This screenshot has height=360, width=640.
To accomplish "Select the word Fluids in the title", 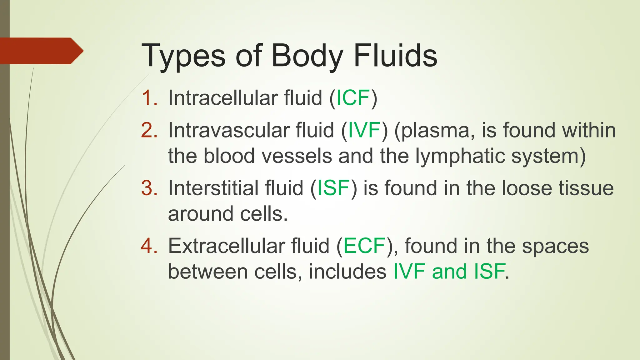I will (x=395, y=56).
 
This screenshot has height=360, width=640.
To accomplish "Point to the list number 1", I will (x=149, y=98).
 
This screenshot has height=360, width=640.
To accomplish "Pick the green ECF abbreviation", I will (x=364, y=246).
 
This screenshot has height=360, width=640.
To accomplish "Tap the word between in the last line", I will (x=208, y=272).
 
